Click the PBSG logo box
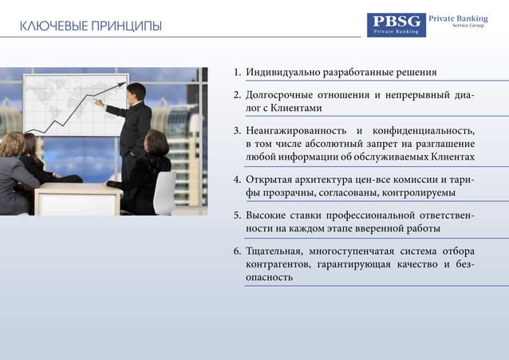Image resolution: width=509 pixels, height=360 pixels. point(397,25)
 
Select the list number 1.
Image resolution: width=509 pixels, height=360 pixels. point(237,73)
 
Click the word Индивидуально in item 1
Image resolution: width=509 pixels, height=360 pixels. point(282,73)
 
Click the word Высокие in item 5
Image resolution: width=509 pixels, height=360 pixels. point(266,215)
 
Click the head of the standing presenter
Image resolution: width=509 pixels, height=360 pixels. point(136,90)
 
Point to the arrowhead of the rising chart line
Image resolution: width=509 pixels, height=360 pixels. point(124,81)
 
